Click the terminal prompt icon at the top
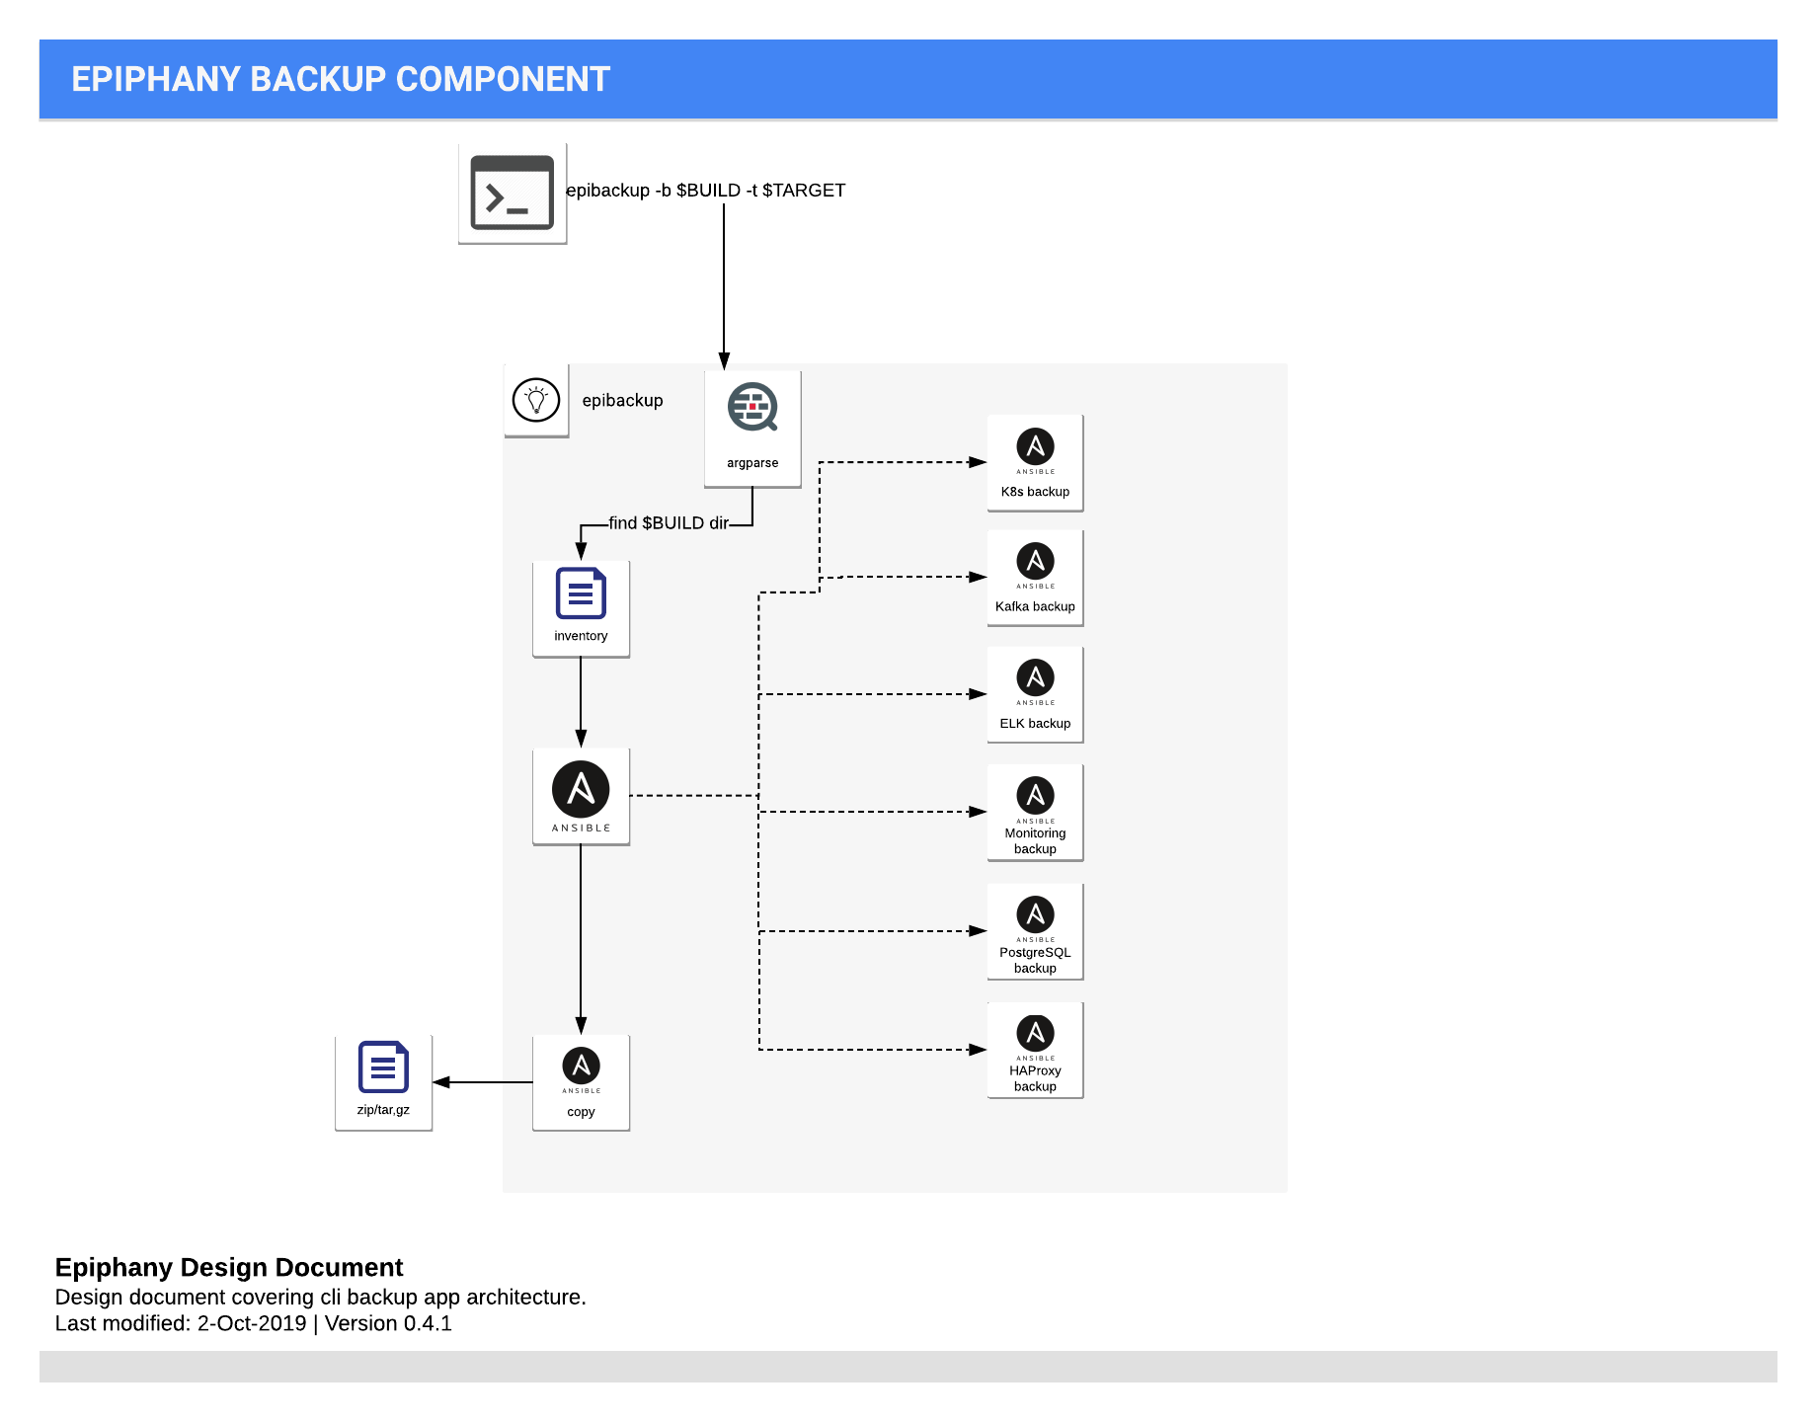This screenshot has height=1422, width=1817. click(512, 194)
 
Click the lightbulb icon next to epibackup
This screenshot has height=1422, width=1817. click(536, 401)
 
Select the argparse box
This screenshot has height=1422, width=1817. click(752, 429)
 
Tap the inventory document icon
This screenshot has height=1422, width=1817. click(581, 594)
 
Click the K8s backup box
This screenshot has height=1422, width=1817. click(1035, 462)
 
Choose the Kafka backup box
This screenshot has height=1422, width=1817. click(1035, 578)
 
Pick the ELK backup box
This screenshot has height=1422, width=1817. click(1035, 694)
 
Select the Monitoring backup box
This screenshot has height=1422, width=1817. click(1035, 812)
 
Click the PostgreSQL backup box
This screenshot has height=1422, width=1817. click(1035, 931)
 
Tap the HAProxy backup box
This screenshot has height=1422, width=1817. click(1035, 1050)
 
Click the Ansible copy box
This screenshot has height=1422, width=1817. click(581, 1082)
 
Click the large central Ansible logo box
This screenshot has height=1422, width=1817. click(581, 796)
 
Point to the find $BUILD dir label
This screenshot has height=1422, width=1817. click(668, 523)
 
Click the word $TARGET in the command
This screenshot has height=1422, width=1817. click(803, 191)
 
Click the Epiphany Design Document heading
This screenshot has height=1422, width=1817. click(229, 1267)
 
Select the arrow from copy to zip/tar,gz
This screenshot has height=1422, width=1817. click(483, 1082)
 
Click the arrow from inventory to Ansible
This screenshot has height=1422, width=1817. click(581, 702)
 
